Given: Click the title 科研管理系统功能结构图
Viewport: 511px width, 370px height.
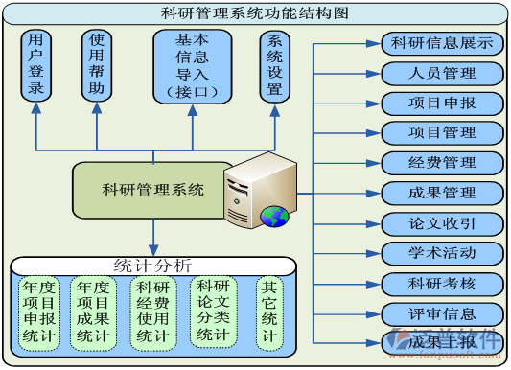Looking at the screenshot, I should (x=255, y=12).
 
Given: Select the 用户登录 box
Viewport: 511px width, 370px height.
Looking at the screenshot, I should (x=36, y=65).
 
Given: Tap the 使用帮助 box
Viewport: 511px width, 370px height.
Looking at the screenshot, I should (x=97, y=65).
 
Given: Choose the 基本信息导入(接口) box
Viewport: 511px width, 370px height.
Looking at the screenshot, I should (x=192, y=65).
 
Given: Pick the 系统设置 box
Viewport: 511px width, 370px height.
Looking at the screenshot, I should (x=276, y=65).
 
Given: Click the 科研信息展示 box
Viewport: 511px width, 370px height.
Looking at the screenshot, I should (x=442, y=43).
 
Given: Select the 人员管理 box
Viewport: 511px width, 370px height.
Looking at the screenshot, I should (x=442, y=73).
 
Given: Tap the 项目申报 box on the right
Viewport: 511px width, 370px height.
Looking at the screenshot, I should (x=442, y=103).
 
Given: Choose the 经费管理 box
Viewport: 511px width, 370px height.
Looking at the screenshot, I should (x=442, y=162).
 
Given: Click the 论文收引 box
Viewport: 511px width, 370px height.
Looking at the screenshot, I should (x=442, y=223).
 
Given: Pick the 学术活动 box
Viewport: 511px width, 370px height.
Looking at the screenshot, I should (x=442, y=253).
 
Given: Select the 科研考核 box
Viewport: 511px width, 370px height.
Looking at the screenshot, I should (x=442, y=284).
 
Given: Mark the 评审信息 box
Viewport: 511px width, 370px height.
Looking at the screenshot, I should (x=442, y=313).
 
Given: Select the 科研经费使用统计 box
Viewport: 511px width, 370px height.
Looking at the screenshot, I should (x=153, y=312).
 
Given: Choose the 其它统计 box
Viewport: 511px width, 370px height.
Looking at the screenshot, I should (x=270, y=312).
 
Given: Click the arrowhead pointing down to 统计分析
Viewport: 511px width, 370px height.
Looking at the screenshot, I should (x=152, y=250).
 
